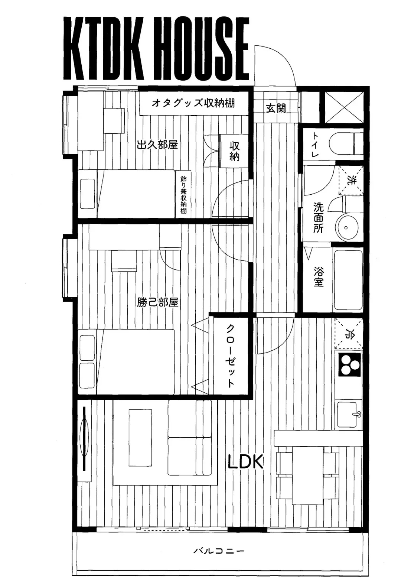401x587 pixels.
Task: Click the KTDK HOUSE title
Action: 156,49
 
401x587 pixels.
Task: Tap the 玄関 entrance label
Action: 276,108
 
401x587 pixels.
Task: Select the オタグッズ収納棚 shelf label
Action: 193,103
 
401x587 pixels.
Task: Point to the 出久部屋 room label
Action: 157,145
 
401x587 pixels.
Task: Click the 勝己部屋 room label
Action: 158,302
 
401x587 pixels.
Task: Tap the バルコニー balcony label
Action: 219,551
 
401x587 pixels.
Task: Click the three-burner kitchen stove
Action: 349,364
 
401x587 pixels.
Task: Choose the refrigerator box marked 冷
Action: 349,334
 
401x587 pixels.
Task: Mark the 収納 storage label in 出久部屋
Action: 234,151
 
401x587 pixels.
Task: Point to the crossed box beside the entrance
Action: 345,107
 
